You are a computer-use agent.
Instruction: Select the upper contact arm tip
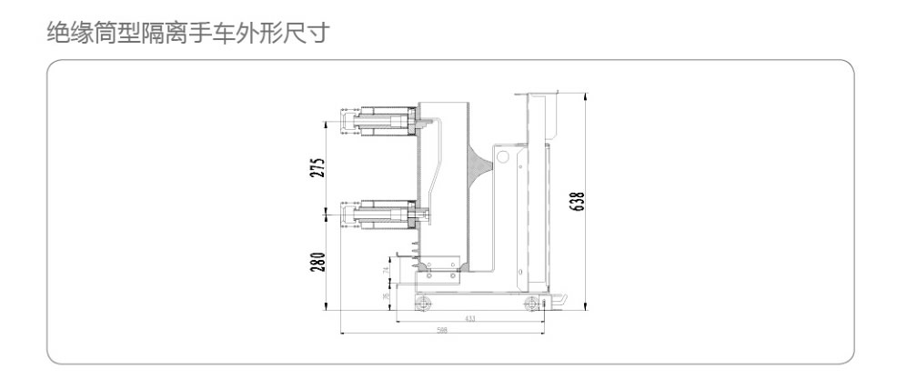347,121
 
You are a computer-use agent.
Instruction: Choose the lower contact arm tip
347,215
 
